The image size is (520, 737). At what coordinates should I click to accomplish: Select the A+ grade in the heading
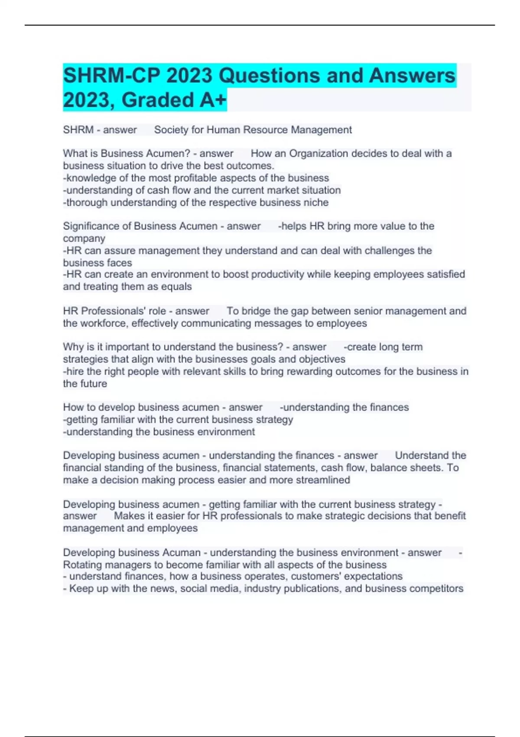tap(213, 100)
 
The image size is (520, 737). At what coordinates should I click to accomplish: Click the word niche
tap(317, 202)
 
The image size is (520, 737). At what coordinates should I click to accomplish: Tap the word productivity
tap(277, 274)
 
